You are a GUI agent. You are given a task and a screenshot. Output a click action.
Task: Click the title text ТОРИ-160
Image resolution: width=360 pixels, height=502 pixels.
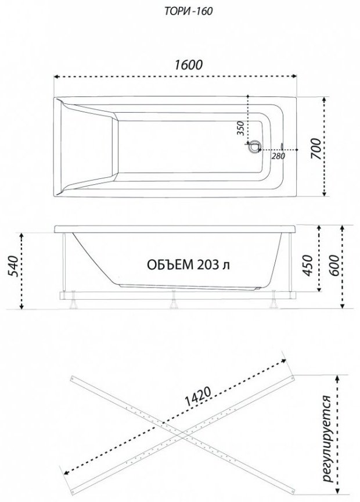tap(189, 12)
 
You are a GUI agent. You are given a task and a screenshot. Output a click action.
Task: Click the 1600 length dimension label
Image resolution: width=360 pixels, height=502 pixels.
tap(189, 64)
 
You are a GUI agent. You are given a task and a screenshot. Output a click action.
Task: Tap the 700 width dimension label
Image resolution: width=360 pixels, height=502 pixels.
tap(315, 148)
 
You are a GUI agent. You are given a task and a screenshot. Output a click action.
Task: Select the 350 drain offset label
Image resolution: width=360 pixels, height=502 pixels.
tap(241, 128)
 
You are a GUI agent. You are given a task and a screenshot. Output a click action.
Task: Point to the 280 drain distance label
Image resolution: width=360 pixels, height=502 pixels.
tap(278, 156)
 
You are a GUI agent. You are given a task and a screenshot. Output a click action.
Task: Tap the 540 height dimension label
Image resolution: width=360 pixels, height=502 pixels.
tap(12, 266)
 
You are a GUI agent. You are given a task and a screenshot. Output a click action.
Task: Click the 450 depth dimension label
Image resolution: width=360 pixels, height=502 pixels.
tap(308, 266)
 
